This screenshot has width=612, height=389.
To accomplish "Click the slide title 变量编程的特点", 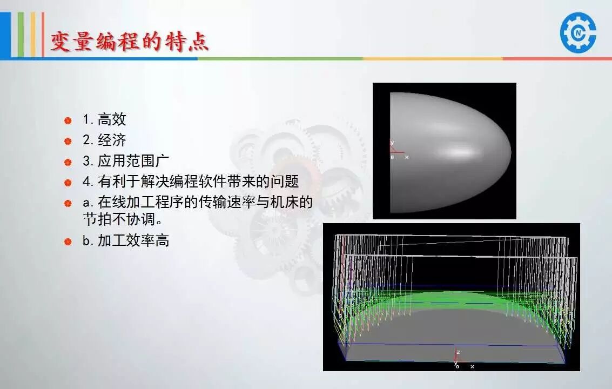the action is click(130, 41).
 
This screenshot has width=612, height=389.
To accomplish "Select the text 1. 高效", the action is click(104, 119).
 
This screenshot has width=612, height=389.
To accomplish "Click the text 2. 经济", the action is click(104, 140).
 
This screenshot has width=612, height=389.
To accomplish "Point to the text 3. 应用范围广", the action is click(126, 160).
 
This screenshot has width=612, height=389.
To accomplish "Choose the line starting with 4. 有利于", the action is click(191, 181).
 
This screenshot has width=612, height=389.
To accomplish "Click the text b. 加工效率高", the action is click(126, 240).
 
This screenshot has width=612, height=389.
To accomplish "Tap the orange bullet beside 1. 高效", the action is click(68, 120).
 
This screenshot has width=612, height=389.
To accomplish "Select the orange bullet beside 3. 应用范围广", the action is click(68, 162).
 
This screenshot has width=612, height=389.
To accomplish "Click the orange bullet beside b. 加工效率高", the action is click(68, 242).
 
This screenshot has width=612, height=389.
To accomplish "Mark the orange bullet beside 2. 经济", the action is click(68, 141).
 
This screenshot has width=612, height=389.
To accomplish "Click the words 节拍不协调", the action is click(119, 219).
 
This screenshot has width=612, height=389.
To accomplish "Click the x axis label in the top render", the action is click(407, 157).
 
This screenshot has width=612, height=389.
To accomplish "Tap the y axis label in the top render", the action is click(392, 143).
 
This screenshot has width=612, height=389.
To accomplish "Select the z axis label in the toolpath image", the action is click(458, 352).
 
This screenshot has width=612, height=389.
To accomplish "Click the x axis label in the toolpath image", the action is click(472, 367).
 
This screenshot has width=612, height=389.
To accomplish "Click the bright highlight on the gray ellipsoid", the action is click(461, 151).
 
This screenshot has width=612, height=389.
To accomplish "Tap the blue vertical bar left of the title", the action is click(5, 35).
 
